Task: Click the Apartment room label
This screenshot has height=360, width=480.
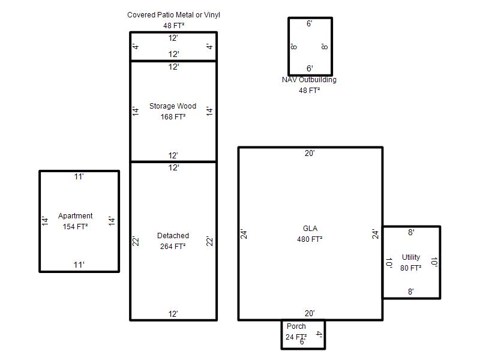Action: [x=76, y=216]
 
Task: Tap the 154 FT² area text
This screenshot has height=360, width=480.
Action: [x=76, y=227]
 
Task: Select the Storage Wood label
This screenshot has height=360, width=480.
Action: [x=173, y=106]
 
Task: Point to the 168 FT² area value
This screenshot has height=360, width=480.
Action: [x=173, y=116]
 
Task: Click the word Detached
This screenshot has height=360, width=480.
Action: [x=173, y=235]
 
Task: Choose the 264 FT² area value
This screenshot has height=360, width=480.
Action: [x=173, y=246]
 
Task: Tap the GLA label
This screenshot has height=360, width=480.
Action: [x=310, y=229]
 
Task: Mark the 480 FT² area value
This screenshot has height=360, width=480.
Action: [x=310, y=239]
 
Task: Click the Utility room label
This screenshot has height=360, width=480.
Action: [x=411, y=257]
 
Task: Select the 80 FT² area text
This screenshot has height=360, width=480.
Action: [x=411, y=268]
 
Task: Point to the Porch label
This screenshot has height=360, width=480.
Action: [x=296, y=326]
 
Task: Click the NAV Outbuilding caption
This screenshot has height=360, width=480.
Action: [x=309, y=80]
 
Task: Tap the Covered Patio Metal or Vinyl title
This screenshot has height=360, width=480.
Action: [x=173, y=14]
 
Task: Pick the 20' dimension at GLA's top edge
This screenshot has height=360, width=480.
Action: [x=310, y=153]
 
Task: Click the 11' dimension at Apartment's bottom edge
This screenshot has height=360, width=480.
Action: [x=79, y=265]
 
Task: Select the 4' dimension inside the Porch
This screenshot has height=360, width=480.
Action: [x=319, y=334]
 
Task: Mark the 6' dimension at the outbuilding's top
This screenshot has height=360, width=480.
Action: [x=310, y=23]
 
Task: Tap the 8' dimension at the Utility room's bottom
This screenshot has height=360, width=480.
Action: [x=411, y=292]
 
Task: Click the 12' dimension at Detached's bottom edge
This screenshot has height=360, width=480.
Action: [x=173, y=314]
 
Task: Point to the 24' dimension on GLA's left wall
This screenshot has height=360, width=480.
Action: [x=244, y=234]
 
